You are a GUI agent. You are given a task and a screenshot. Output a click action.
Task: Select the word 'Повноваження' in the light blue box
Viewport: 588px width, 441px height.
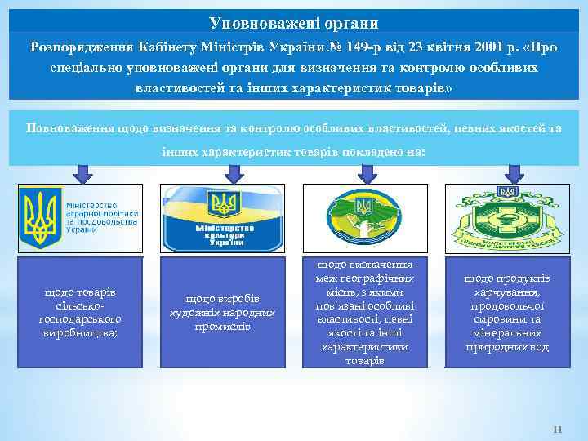(x=70, y=128)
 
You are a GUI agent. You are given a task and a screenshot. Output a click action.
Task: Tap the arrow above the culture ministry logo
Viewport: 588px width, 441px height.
(x=223, y=173)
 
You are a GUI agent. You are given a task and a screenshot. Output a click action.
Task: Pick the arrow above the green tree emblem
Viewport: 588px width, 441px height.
(x=366, y=173)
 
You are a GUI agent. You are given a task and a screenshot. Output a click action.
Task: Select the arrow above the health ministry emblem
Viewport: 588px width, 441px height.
(x=513, y=173)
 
